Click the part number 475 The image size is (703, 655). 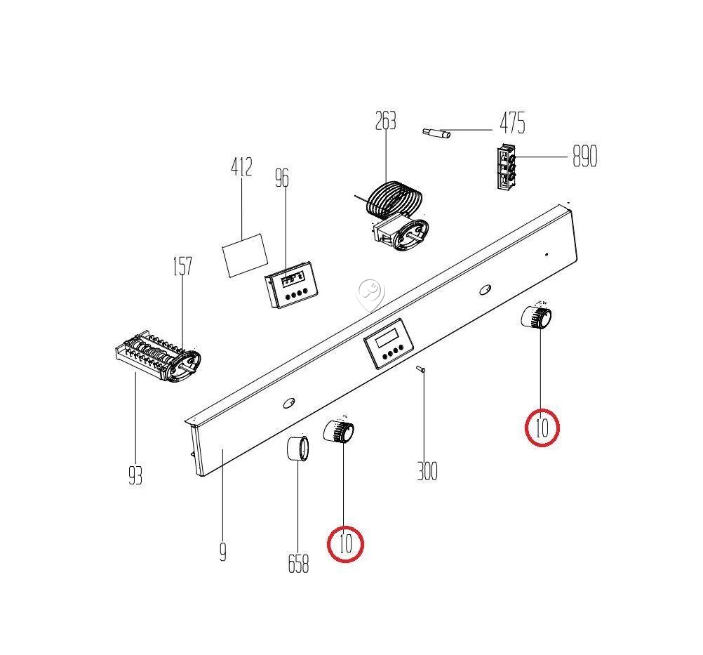pyautogui.click(x=512, y=123)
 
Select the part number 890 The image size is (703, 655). pyautogui.click(x=585, y=157)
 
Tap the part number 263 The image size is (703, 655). pyautogui.click(x=386, y=121)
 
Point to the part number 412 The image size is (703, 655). pyautogui.click(x=241, y=167)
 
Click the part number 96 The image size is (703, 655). pyautogui.click(x=282, y=178)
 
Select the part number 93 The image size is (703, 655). pyautogui.click(x=135, y=475)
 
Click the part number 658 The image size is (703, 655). pyautogui.click(x=298, y=564)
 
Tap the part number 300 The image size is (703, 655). pyautogui.click(x=427, y=471)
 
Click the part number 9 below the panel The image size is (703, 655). pyautogui.click(x=223, y=552)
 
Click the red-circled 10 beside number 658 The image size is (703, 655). pyautogui.click(x=346, y=544)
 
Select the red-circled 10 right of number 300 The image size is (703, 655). pyautogui.click(x=542, y=428)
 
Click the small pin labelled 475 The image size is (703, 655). pyautogui.click(x=436, y=133)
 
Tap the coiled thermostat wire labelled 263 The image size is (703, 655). pyautogui.click(x=394, y=199)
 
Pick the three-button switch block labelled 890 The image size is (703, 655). pyautogui.click(x=506, y=167)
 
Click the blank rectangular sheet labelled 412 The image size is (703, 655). pyautogui.click(x=246, y=255)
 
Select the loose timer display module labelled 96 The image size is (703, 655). pyautogui.click(x=291, y=284)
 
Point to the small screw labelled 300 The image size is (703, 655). pyautogui.click(x=421, y=369)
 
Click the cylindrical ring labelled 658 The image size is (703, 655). pyautogui.click(x=297, y=448)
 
